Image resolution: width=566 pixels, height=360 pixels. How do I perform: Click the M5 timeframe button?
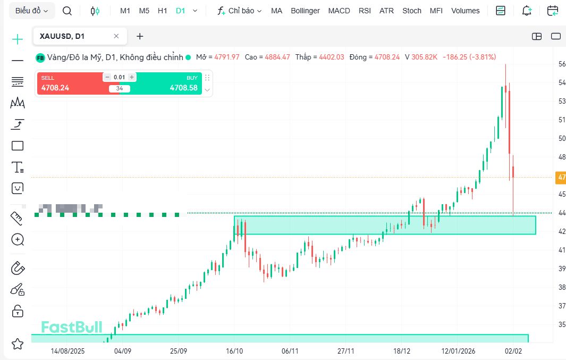pos(144,11)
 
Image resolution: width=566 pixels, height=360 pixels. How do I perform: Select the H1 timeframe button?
pos(163,11)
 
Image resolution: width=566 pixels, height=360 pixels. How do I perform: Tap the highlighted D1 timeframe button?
pos(181,11)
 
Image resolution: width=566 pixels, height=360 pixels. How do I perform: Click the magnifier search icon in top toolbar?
pos(67,11)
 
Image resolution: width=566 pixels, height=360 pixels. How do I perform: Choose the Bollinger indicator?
pos(305,11)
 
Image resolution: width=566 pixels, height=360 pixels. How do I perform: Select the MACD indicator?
pos(339,11)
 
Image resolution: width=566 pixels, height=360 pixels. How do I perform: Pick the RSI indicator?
pos(365,11)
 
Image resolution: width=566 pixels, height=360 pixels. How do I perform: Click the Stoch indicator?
pos(412,11)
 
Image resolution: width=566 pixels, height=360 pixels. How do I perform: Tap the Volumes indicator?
pos(465,11)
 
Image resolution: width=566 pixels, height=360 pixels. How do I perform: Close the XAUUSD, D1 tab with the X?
pos(116,36)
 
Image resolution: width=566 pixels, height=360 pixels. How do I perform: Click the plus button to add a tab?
pos(140,36)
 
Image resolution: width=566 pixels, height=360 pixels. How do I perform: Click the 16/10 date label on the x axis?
pos(234,351)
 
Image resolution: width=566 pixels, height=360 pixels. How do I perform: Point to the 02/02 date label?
pos(514,351)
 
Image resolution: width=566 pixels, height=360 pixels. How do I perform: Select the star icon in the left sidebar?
pos(18,344)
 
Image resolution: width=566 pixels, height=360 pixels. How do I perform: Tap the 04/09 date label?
pos(123,351)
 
